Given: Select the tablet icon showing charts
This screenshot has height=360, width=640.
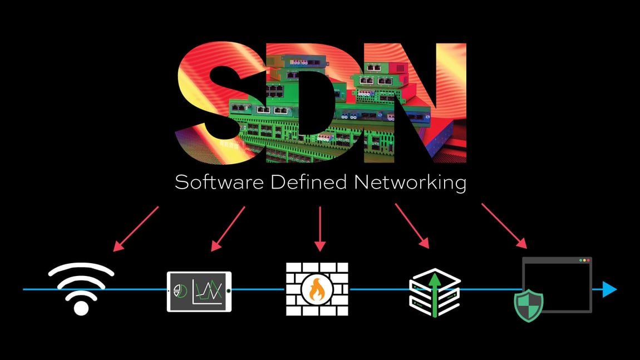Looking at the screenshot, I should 199,291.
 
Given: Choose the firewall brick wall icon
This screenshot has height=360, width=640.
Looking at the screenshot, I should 317,290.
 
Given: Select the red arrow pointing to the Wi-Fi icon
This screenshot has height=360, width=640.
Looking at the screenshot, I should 136,229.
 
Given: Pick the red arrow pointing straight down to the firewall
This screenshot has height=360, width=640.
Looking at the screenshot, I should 319,229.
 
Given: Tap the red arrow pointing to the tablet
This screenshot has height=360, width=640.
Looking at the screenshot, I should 228,229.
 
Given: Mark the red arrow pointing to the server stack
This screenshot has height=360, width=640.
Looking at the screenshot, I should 412,225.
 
